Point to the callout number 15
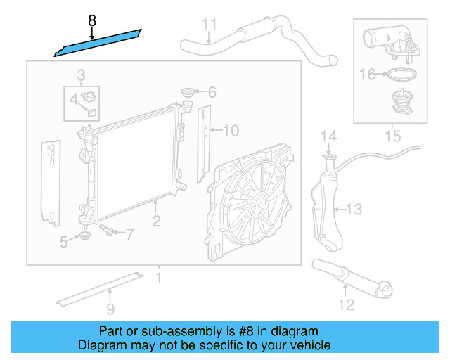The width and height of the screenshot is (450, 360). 392,134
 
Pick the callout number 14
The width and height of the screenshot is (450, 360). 329,136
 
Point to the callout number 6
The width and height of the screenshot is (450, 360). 212,92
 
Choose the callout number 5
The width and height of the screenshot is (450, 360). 64,242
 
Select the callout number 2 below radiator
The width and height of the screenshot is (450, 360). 156,221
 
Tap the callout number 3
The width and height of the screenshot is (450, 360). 82,75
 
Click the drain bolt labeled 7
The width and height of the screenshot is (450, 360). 108,229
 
